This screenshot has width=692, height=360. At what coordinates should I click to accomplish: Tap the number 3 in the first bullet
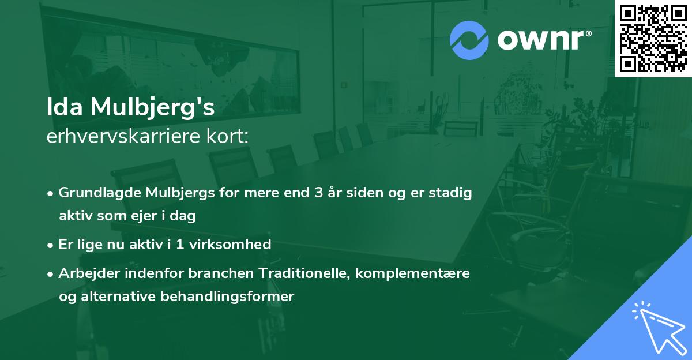coord(318,193)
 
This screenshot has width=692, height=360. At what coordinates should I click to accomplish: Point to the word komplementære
coord(413,273)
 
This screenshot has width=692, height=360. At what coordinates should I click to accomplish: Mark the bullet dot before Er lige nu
coord(51,245)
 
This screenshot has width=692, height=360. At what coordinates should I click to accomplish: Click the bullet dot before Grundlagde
coord(51,193)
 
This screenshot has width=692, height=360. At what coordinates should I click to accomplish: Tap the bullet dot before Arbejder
coord(51,274)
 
